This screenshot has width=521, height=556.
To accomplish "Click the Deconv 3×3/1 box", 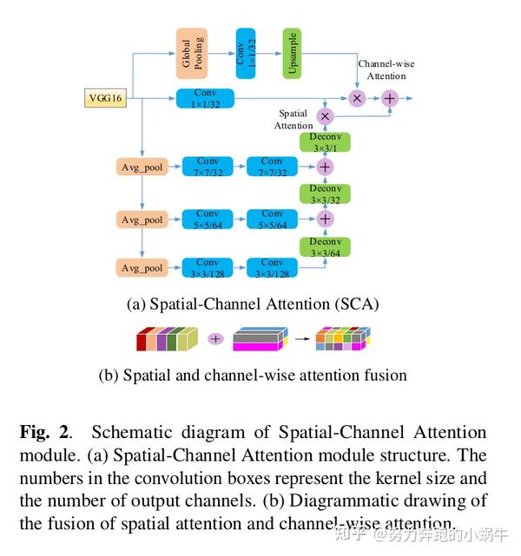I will (x=325, y=143).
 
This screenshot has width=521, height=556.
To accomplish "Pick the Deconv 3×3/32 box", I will (x=325, y=193).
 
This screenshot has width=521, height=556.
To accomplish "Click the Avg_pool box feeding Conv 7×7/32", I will (x=141, y=167).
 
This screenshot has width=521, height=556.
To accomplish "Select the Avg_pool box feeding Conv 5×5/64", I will (x=141, y=219).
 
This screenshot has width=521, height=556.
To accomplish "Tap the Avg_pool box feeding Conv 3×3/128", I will (x=141, y=268).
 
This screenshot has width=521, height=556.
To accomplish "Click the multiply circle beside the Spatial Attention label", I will (x=325, y=116).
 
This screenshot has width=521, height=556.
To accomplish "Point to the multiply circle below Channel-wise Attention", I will (x=356, y=99).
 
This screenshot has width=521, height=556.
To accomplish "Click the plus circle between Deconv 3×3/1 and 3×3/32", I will (x=325, y=167).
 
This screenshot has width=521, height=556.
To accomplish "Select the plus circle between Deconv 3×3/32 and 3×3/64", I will (x=325, y=219).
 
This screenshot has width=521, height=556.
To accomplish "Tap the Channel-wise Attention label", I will (x=382, y=69).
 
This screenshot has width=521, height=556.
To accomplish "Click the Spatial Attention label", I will (x=294, y=120).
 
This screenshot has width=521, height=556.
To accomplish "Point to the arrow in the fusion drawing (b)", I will (x=300, y=339).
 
